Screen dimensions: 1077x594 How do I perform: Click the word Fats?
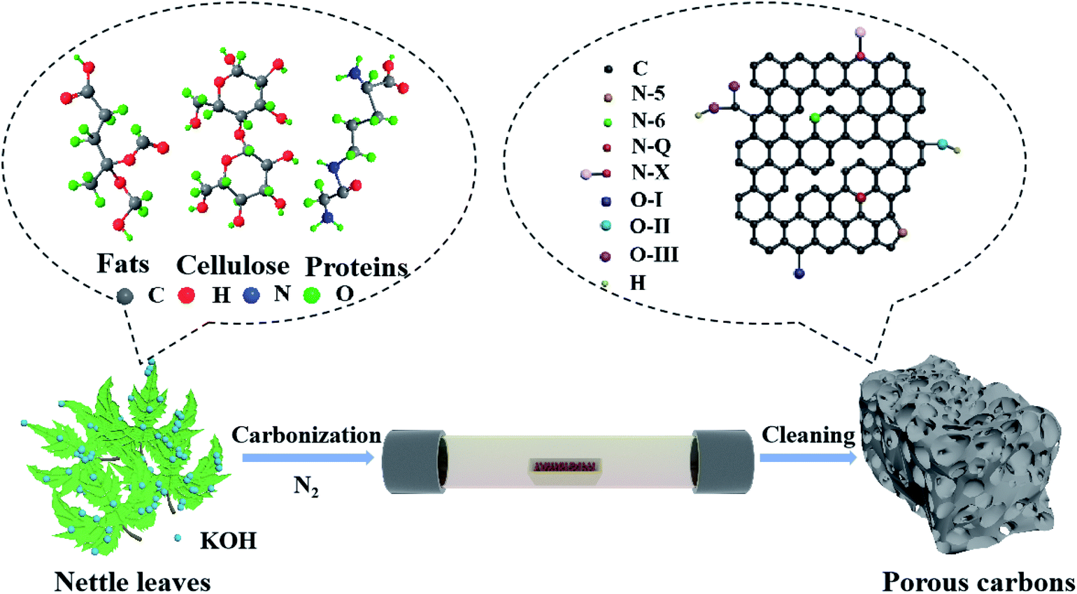click(x=123, y=264)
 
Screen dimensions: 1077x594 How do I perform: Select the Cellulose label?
click(x=232, y=266)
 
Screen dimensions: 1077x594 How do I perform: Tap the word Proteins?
click(x=356, y=267)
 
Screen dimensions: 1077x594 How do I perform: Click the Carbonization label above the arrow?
click(x=306, y=435)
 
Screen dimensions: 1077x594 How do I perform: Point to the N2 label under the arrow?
click(x=306, y=484)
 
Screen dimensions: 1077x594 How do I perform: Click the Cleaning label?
click(x=808, y=435)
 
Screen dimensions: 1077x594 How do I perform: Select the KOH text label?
click(x=228, y=541)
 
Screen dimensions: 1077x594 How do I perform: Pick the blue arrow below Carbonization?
click(x=308, y=458)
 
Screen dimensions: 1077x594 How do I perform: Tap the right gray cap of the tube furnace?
click(x=722, y=462)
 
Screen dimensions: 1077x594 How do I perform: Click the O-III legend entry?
click(x=653, y=255)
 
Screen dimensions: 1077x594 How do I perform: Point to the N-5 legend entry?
click(x=648, y=94)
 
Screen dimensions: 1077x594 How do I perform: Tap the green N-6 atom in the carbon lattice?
click(x=815, y=118)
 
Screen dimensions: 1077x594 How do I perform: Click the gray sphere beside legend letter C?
click(x=608, y=69)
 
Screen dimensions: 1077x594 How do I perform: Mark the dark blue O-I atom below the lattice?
click(x=799, y=273)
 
